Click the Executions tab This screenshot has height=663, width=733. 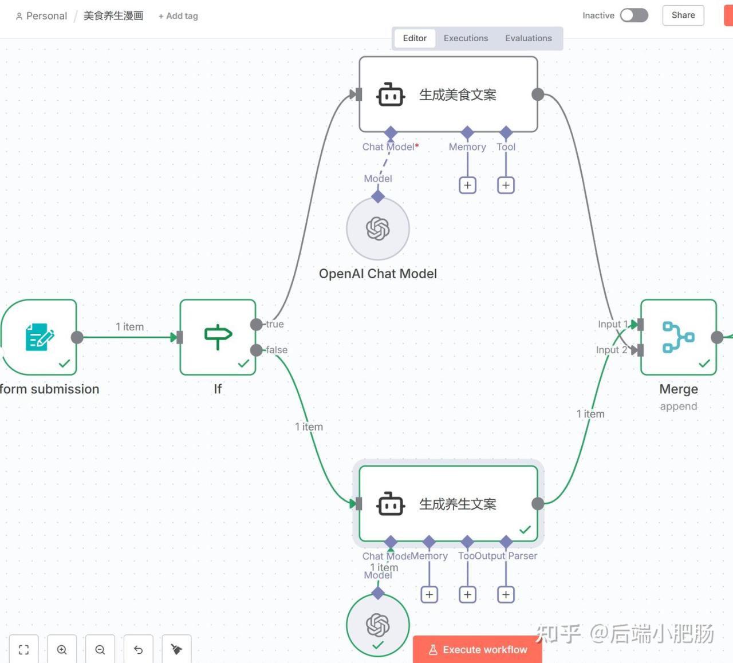466,38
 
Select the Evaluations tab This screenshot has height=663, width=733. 528,38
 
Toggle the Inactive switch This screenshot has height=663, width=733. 634,15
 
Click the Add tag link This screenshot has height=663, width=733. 178,16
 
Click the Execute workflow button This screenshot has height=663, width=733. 478,649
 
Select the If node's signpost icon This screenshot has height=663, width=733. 218,337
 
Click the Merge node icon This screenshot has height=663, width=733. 678,337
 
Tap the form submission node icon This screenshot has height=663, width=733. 39,337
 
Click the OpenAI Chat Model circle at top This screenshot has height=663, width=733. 378,228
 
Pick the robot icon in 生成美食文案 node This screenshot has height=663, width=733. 391,95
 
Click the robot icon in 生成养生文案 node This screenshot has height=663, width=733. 391,504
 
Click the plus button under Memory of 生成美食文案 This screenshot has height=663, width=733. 468,186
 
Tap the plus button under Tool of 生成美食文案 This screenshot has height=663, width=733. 506,186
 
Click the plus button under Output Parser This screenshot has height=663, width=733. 506,595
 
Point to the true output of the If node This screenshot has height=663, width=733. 257,325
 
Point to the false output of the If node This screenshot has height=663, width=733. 257,350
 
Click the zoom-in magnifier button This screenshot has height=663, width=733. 62,649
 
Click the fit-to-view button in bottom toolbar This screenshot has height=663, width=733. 23,649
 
